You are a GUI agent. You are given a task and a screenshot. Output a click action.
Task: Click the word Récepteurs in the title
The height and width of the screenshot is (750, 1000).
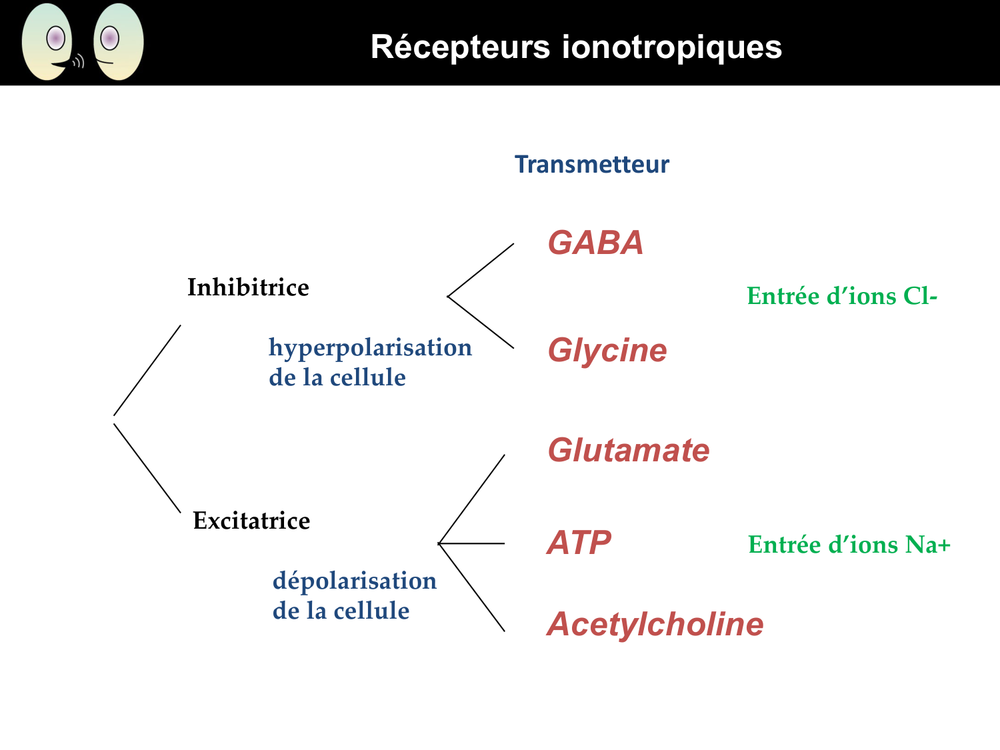460,47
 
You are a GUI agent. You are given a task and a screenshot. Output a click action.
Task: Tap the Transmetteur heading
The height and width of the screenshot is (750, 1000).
591,165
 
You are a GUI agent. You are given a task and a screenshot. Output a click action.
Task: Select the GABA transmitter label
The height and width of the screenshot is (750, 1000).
595,243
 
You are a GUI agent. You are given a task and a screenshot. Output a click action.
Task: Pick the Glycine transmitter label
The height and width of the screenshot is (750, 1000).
607,351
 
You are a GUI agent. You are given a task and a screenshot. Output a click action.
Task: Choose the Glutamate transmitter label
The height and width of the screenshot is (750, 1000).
628,451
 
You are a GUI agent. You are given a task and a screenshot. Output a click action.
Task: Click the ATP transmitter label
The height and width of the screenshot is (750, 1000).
579,543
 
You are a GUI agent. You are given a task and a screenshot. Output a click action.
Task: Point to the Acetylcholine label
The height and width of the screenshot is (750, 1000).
655,625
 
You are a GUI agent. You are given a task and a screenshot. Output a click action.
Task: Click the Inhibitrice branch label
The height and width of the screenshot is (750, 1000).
248,287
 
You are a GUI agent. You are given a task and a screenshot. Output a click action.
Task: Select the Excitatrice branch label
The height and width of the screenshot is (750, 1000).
251,521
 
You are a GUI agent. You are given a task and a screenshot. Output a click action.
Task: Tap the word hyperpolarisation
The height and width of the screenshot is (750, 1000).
370,347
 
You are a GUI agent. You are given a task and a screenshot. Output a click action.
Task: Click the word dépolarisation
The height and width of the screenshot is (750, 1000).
355,581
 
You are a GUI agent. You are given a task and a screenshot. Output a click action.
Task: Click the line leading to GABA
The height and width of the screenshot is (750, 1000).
480,270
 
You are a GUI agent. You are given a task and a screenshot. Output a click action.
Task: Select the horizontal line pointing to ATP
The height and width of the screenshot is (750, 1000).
471,543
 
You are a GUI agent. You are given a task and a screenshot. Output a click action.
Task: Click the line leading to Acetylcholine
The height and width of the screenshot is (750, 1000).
471,587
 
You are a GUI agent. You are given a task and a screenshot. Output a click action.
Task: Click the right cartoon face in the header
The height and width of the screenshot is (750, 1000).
119,41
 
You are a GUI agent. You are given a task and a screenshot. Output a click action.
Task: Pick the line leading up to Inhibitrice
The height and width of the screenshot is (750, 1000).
147,371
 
